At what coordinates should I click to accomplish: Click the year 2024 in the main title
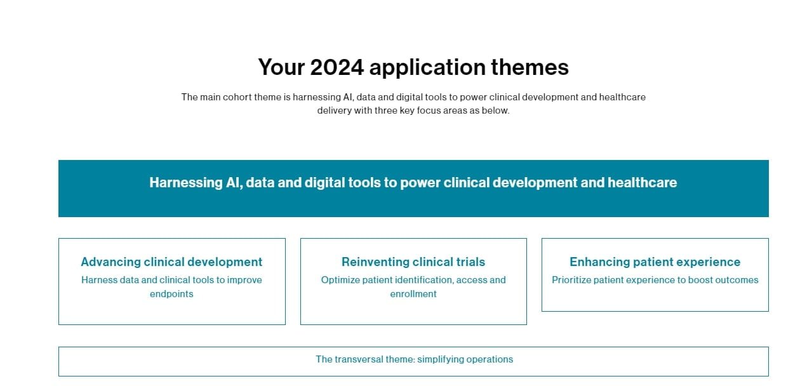tap(337, 67)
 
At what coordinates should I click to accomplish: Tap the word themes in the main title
tap(530, 67)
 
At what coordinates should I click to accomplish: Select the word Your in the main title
tap(281, 67)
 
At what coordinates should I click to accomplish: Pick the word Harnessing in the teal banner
tap(186, 183)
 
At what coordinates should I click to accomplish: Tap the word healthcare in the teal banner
tap(642, 182)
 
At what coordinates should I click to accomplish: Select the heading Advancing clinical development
tap(171, 262)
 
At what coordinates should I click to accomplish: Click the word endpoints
tap(171, 294)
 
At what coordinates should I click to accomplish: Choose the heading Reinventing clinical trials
tap(413, 262)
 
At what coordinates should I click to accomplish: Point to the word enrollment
tap(413, 294)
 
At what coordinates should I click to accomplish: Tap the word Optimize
tap(340, 280)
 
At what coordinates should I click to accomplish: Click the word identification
tap(425, 280)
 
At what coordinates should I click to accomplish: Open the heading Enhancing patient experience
tap(655, 262)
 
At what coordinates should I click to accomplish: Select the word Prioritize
tap(571, 280)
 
